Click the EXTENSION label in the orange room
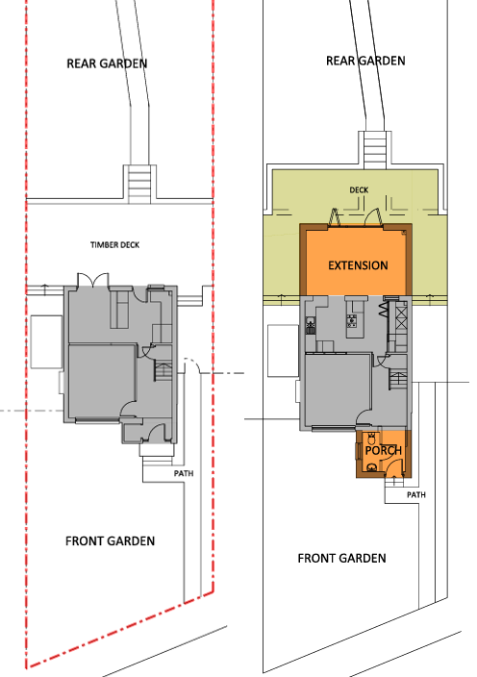[x=358, y=265]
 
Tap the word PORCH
[x=384, y=450]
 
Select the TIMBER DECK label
[x=114, y=245]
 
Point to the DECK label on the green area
[x=359, y=190]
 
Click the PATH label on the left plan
[x=184, y=473]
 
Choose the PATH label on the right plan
[x=416, y=494]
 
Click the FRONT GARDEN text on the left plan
[x=110, y=541]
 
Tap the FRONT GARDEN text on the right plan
[x=342, y=559]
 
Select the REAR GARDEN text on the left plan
[x=107, y=63]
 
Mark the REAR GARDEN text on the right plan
[x=365, y=61]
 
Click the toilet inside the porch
[x=371, y=439]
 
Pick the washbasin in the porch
[x=371, y=466]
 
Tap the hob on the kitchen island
[x=352, y=320]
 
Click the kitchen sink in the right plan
[x=310, y=326]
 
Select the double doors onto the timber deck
[x=92, y=279]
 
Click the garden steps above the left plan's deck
[x=139, y=184]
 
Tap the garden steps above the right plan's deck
[x=375, y=150]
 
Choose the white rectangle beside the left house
[x=46, y=341]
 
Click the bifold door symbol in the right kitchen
[x=384, y=310]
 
